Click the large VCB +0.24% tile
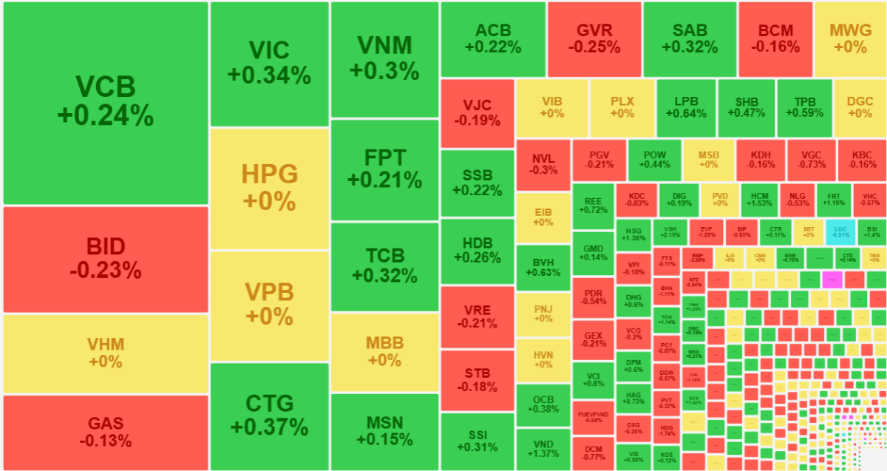[x=106, y=102]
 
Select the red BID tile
[x=106, y=259]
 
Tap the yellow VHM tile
[x=106, y=353]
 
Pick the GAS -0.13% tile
[x=106, y=432]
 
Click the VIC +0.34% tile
[x=269, y=63]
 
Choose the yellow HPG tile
[x=269, y=188]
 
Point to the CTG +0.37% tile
[x=269, y=415]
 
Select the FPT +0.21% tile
[x=384, y=169]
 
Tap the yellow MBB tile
[x=384, y=352]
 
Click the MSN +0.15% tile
[x=384, y=431]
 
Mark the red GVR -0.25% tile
[x=594, y=38]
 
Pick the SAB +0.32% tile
[x=690, y=38]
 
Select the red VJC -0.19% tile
[x=477, y=112]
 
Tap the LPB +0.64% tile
[x=685, y=108]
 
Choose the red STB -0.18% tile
[x=477, y=379]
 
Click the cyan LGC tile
[x=840, y=231]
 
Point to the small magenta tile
[x=832, y=279]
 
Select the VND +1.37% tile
[x=543, y=448]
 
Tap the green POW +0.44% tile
[x=654, y=160]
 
